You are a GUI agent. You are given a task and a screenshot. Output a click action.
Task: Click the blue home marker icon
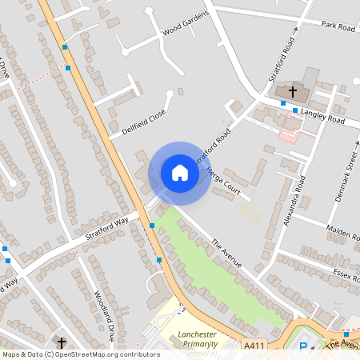click(180, 173)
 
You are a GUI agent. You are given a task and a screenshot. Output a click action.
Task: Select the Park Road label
click(338, 27)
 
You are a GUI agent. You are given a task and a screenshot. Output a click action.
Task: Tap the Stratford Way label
click(107, 230)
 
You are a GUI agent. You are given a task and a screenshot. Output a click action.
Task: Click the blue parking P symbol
click(303, 346)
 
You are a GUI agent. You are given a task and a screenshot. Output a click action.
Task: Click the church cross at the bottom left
click(61, 342)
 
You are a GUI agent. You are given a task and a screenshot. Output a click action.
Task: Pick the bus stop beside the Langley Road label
click(295, 110)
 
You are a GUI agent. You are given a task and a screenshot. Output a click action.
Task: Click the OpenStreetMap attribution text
click(81, 354)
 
